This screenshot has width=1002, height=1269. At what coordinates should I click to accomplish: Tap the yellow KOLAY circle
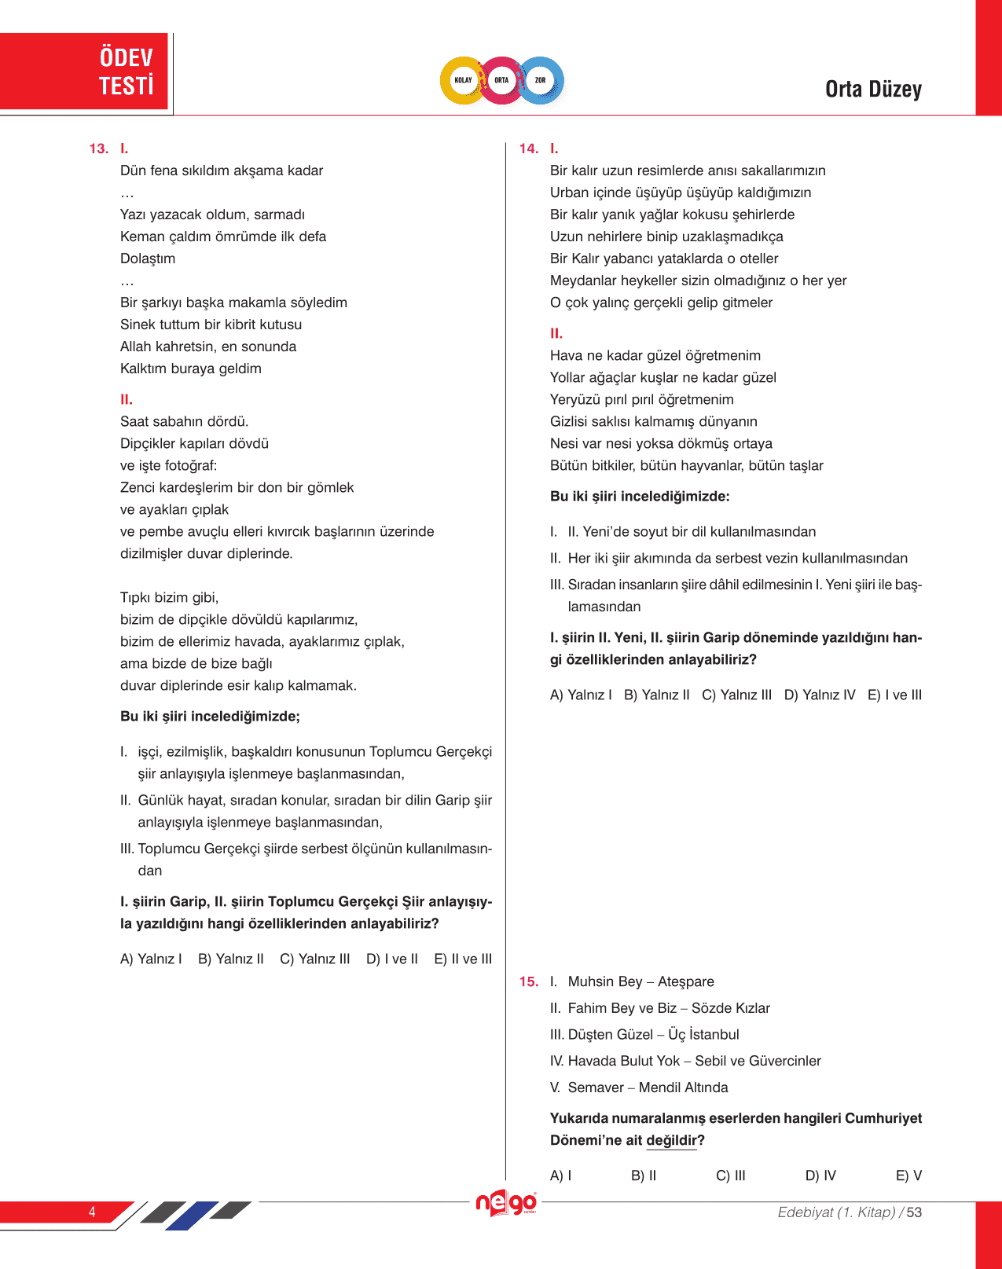pyautogui.click(x=463, y=80)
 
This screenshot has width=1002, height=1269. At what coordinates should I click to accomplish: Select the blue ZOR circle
pyautogui.click(x=541, y=80)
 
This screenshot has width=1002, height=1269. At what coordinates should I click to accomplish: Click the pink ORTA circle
pyautogui.click(x=501, y=80)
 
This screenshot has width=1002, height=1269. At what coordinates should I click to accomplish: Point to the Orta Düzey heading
pyautogui.click(x=873, y=90)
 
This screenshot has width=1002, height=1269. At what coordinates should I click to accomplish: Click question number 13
pyautogui.click(x=98, y=149)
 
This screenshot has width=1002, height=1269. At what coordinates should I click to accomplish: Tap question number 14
pyautogui.click(x=528, y=149)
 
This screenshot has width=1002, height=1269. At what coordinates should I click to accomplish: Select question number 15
pyautogui.click(x=528, y=981)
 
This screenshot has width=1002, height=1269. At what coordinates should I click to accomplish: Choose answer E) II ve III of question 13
pyautogui.click(x=463, y=959)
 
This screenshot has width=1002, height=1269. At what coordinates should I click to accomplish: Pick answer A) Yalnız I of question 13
pyautogui.click(x=151, y=959)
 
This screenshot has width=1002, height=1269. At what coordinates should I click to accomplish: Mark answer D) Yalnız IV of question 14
pyautogui.click(x=819, y=695)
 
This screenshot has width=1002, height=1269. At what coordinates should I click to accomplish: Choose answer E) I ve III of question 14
pyautogui.click(x=894, y=695)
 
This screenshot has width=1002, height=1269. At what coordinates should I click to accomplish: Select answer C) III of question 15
pyautogui.click(x=731, y=1175)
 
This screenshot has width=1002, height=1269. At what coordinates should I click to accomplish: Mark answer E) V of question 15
pyautogui.click(x=908, y=1175)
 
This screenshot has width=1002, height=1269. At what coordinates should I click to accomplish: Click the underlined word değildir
pyautogui.click(x=671, y=1140)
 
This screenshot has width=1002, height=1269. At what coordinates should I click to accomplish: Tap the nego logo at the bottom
pyautogui.click(x=506, y=1203)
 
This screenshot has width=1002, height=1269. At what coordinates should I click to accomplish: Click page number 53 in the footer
pyautogui.click(x=914, y=1212)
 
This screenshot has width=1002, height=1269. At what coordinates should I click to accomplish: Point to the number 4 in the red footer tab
pyautogui.click(x=92, y=1212)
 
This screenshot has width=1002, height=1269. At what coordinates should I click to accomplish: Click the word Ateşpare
pyautogui.click(x=686, y=981)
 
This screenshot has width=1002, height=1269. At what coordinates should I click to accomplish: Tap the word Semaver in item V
pyautogui.click(x=596, y=1087)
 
